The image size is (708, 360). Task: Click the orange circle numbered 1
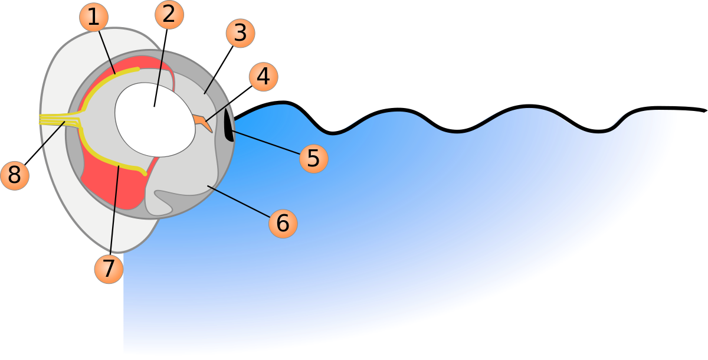[x=93, y=18]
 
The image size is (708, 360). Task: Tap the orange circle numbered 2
[x=169, y=15]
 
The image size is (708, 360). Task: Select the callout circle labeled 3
[x=240, y=33]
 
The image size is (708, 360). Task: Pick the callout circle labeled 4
[x=263, y=77]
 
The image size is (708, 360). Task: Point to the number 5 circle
[x=313, y=158]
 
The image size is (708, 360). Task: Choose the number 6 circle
[x=283, y=224]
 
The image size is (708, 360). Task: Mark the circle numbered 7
[x=109, y=269]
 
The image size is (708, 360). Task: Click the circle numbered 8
[x=15, y=176]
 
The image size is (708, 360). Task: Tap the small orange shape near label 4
[x=203, y=122]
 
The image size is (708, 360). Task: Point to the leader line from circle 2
[x=159, y=77]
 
